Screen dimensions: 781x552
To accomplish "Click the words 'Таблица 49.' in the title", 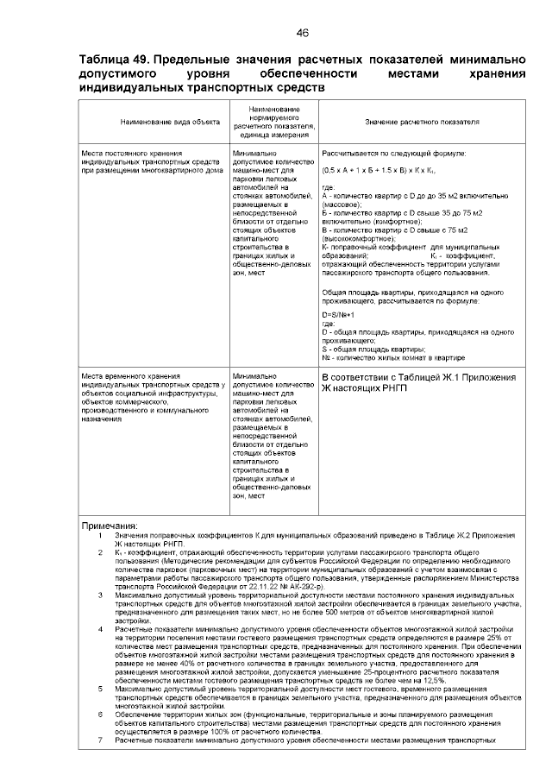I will (115, 60).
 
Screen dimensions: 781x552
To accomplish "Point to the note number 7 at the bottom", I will (100, 740).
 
